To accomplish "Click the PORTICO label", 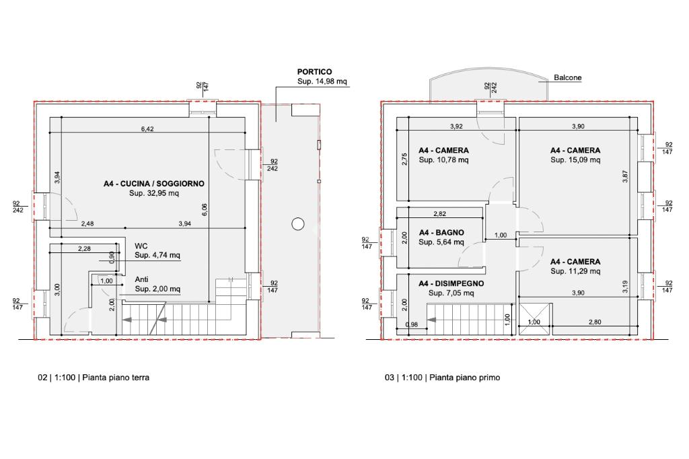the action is point(315,71).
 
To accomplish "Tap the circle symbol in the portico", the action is point(298,224).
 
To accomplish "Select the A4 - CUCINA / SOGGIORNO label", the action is point(154,183).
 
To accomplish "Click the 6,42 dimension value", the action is point(147,129).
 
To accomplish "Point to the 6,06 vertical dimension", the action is point(205,209).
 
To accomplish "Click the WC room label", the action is point(141,246).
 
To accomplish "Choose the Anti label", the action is point(141,279).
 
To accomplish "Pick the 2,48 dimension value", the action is point(87,223).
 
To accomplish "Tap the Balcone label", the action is point(568,77).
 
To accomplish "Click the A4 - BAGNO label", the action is point(441,232).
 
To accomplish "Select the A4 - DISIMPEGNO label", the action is point(451,283).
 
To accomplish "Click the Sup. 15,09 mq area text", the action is point(575,160).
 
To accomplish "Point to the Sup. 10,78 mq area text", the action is point(443,160).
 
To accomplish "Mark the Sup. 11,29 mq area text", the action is point(575,271).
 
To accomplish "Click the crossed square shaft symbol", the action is point(535,319).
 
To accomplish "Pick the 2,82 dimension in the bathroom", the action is point(439,213).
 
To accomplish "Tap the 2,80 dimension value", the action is point(595,322).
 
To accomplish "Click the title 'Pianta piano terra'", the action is point(116,377).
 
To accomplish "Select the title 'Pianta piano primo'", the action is point(464,377).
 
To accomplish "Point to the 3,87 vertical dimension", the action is point(625,176).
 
